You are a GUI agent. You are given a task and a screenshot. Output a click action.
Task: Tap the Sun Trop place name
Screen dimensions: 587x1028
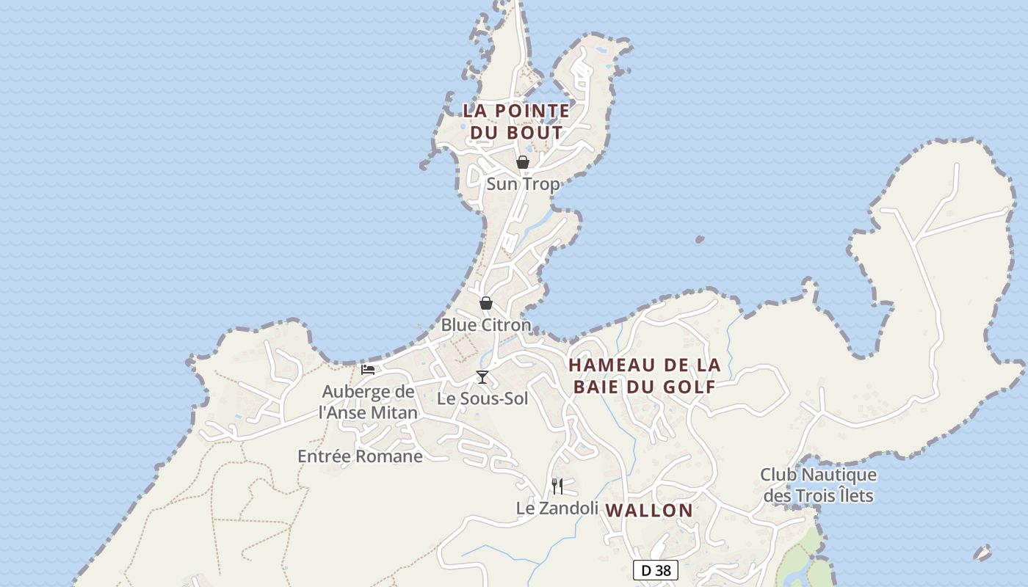coord(523,184)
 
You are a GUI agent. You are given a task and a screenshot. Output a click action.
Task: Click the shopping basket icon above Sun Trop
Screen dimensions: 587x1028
coord(523,162)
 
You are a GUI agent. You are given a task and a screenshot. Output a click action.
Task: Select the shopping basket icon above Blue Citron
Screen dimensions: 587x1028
coord(486,303)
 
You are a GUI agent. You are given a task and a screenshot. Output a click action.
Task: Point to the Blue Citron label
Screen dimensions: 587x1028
coord(485,324)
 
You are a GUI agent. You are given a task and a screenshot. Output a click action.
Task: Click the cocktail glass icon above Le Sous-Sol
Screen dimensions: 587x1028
coord(482,377)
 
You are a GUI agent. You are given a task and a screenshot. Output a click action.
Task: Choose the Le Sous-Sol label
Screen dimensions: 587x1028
coord(482,398)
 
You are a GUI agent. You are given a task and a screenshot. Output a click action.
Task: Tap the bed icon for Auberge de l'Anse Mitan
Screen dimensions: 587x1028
coord(368,369)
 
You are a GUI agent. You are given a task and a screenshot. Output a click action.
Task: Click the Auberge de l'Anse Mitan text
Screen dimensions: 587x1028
coord(368,402)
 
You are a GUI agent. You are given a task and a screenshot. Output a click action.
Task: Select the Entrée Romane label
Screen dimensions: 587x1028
coord(360,456)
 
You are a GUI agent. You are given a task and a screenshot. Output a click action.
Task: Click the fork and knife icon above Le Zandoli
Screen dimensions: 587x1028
coord(557,486)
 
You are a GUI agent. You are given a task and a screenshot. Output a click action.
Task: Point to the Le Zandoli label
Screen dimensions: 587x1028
coord(557,508)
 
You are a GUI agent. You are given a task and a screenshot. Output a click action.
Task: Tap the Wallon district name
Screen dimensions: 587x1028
coord(649,510)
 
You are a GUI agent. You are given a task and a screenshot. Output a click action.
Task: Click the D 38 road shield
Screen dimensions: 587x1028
coord(655,570)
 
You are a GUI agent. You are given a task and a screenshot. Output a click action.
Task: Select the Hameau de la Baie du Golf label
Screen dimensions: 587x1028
coord(645,376)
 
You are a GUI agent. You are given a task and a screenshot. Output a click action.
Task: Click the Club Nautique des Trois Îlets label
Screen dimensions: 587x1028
coord(818,485)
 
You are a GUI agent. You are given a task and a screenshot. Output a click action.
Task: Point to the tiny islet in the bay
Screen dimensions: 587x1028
coord(700,239)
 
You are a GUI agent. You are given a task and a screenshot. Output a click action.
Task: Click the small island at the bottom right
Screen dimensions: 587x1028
coord(982,553)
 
